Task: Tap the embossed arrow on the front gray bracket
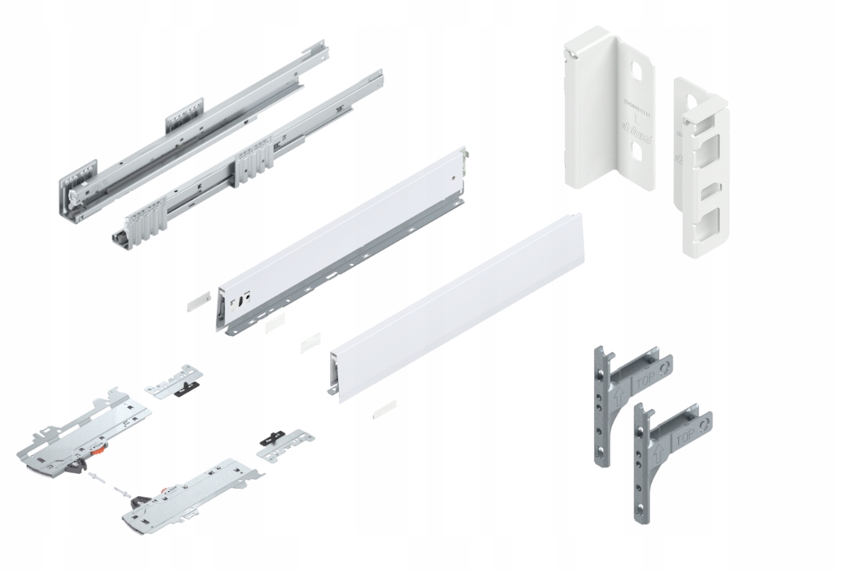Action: pyautogui.click(x=657, y=451)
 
